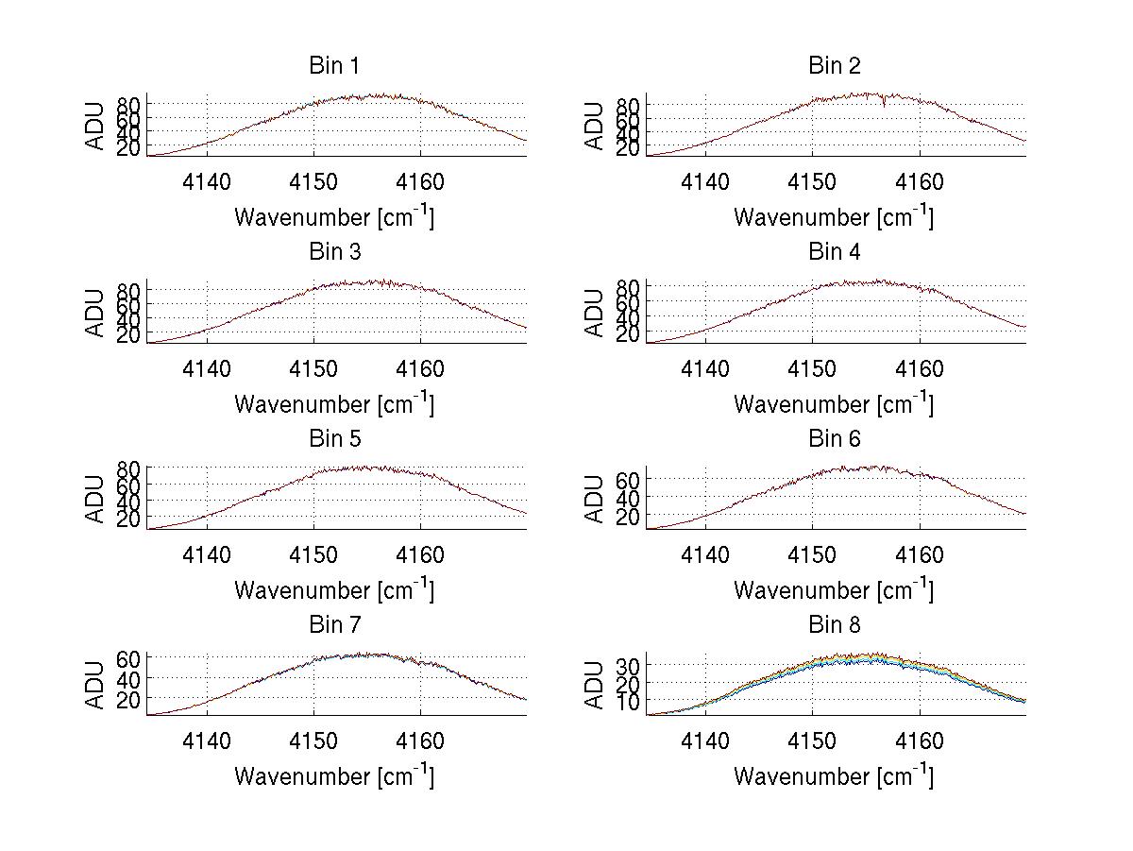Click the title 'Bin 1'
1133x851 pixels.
[333, 66]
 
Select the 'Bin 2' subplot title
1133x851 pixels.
[834, 66]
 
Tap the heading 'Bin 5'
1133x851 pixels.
[333, 439]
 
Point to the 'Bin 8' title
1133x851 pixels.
[834, 625]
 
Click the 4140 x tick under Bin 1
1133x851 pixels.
[207, 182]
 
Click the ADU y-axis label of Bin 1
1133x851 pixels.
[96, 126]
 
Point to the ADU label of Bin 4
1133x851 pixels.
[595, 313]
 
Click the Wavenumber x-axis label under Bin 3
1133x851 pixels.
[334, 403]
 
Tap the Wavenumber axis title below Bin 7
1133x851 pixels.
[334, 776]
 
